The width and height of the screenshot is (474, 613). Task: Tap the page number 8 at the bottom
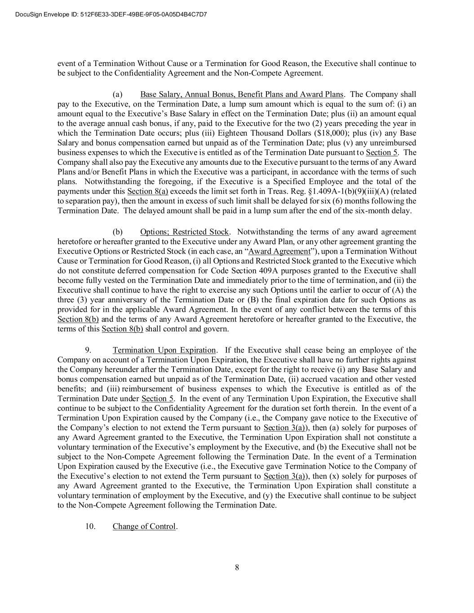pyautogui.click(x=237, y=567)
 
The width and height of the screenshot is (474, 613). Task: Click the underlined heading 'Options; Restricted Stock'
pyautogui.click(x=184, y=232)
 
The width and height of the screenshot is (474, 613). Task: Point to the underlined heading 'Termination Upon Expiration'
pyautogui.click(x=164, y=350)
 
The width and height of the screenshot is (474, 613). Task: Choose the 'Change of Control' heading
pyautogui.click(x=144, y=526)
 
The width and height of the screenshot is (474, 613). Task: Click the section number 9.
pyautogui.click(x=89, y=350)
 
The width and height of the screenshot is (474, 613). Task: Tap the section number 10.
pyautogui.click(x=90, y=526)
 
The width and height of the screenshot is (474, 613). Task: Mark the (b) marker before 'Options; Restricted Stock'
pyautogui.click(x=117, y=232)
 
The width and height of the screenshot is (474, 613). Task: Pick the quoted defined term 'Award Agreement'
pyautogui.click(x=279, y=251)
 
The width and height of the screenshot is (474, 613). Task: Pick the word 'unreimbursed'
pyautogui.click(x=394, y=142)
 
